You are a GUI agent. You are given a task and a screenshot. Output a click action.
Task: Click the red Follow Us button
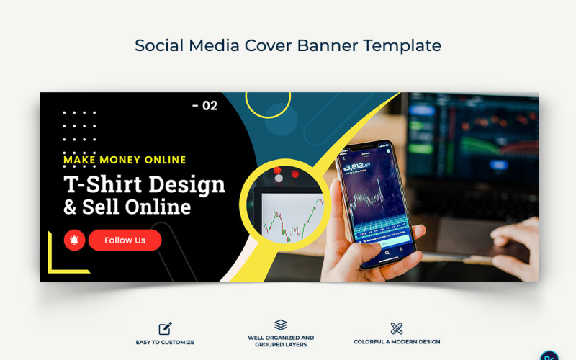125,240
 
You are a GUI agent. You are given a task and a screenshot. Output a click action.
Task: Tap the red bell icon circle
74,240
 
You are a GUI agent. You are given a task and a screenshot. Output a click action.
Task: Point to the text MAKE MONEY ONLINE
125,160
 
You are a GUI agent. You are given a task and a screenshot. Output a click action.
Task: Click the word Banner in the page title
321,45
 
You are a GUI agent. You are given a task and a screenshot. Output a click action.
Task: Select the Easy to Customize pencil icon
166,328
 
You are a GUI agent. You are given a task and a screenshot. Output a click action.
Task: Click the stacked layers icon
281,325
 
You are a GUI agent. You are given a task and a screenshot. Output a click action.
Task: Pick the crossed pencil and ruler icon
396,328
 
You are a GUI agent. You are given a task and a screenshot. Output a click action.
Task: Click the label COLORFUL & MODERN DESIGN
397,342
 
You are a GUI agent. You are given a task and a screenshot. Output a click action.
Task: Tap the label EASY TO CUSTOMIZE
166,342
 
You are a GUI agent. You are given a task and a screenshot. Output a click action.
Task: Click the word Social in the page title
159,45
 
